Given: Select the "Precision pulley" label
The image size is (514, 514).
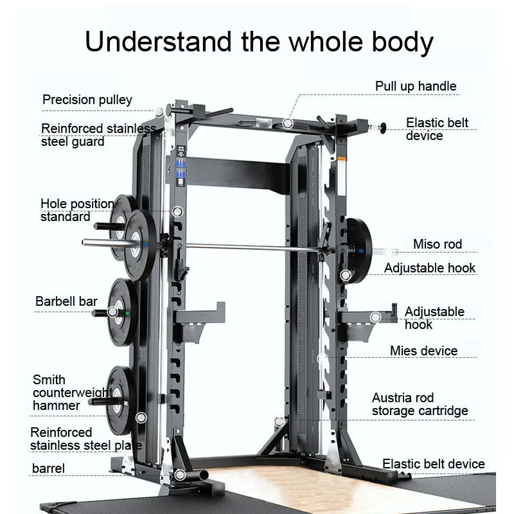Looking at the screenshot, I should pyautogui.click(x=87, y=100).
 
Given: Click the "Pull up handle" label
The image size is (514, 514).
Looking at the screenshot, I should pyautogui.click(x=416, y=86).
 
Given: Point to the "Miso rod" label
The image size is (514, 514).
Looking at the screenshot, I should pyautogui.click(x=437, y=244).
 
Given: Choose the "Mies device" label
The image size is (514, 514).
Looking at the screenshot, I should pyautogui.click(x=423, y=351).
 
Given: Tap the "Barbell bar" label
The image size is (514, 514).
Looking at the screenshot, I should pyautogui.click(x=66, y=301).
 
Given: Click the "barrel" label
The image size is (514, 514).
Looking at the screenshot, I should pyautogui.click(x=49, y=468).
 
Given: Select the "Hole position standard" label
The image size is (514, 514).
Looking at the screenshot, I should pyautogui.click(x=76, y=210).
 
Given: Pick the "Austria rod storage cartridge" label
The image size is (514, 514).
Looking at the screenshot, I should pyautogui.click(x=420, y=404).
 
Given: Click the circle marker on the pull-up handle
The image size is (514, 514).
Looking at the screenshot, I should pyautogui.click(x=288, y=122).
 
